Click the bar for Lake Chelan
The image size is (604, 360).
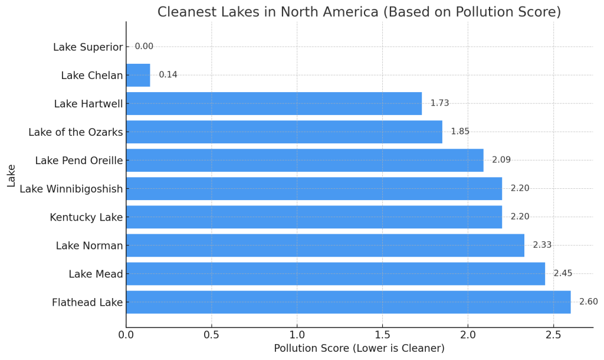coord(138,75)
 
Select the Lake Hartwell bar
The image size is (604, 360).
coord(274,103)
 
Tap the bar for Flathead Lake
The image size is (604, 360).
coord(348,302)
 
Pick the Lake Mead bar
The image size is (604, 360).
coord(335,274)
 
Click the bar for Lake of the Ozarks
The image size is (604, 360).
coord(284,132)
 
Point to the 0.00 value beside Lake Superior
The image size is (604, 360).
coord(144,46)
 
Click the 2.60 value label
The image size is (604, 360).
coord(588,302)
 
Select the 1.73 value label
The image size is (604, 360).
coord(439,103)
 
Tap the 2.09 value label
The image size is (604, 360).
coord(501,160)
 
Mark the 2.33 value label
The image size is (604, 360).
coord(542,245)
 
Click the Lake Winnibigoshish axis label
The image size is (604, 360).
coord(71,189)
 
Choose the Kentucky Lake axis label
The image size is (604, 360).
coord(86,217)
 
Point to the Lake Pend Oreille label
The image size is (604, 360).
coord(79,161)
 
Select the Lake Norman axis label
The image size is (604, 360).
coord(89,246)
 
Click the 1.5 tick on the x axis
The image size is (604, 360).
coord(382,335)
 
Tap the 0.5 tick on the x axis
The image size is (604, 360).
coord(212,335)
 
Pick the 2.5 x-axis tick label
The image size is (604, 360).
coord(553,335)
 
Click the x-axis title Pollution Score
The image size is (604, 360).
coord(359,348)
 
